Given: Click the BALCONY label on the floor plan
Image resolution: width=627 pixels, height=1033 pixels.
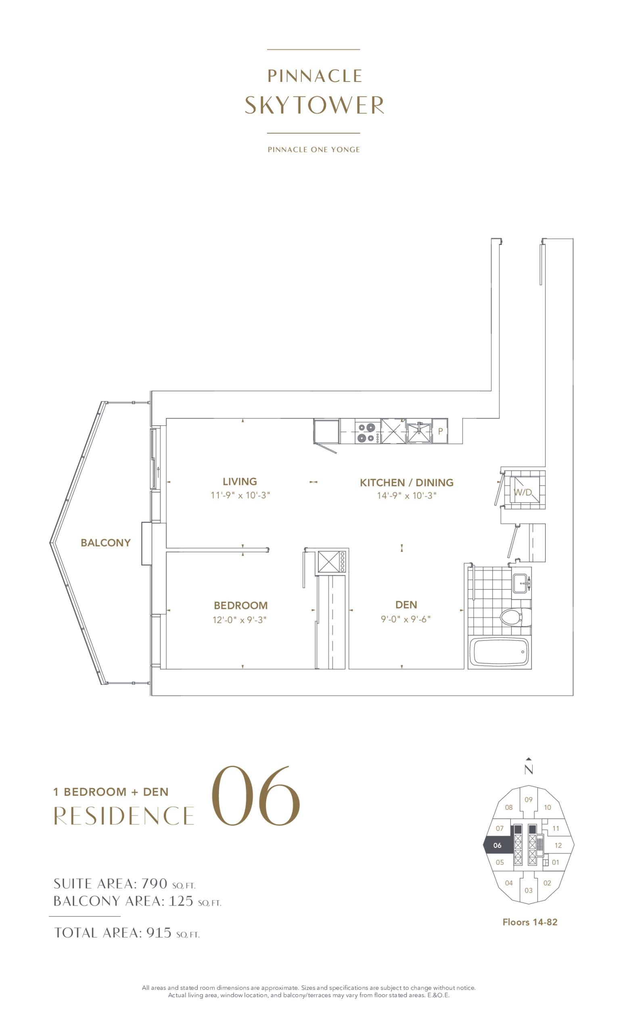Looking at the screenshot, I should pyautogui.click(x=106, y=542).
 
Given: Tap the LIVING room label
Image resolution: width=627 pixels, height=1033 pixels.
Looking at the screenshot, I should pyautogui.click(x=240, y=481).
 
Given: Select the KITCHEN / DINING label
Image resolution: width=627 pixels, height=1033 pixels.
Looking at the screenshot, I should pyautogui.click(x=407, y=483).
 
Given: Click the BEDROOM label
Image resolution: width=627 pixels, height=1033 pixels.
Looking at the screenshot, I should pyautogui.click(x=240, y=605).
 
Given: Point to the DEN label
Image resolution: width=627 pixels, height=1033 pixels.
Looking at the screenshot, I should pyautogui.click(x=406, y=604).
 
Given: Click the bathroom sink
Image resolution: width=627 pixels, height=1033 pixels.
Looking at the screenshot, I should pyautogui.click(x=522, y=583).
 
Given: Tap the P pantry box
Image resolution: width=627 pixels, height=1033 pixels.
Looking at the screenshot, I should pyautogui.click(x=440, y=431).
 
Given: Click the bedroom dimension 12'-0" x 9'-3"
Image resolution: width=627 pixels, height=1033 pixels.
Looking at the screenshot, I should pyautogui.click(x=240, y=620).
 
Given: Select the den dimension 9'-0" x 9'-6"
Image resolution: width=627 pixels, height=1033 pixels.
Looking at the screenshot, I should pyautogui.click(x=406, y=619).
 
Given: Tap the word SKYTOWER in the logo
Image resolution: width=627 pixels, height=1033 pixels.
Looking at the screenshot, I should pyautogui.click(x=314, y=105).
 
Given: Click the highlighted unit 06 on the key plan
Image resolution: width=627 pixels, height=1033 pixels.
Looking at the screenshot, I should pyautogui.click(x=497, y=845).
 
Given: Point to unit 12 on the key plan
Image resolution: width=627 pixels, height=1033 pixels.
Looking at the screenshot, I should pyautogui.click(x=558, y=845).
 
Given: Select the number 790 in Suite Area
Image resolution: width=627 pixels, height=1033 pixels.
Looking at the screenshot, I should pyautogui.click(x=155, y=884).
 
